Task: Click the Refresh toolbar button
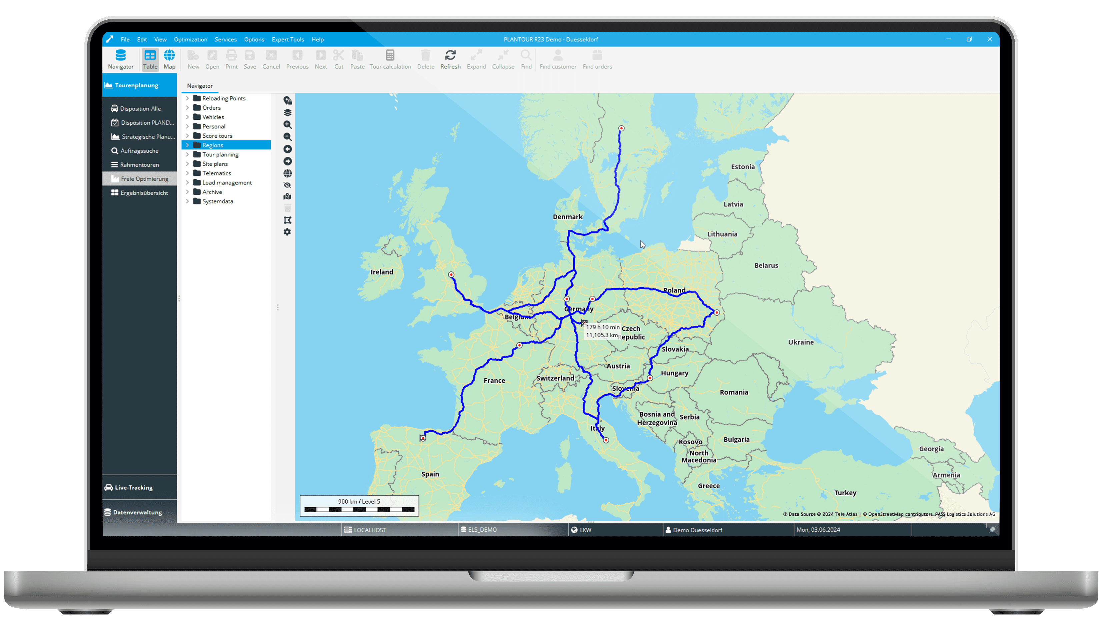[x=450, y=59]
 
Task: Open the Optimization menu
[x=190, y=39]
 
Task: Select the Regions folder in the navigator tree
[x=213, y=145]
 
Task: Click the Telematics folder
[x=216, y=173]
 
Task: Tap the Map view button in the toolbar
[x=169, y=59]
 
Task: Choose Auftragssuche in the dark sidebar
[x=139, y=151]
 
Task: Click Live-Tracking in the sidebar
[x=133, y=488]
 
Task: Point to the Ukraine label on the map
[x=801, y=342]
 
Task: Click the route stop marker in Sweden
[x=621, y=128]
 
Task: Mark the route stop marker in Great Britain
[x=451, y=275]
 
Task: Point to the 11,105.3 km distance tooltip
[x=602, y=335]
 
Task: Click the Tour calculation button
[x=390, y=59]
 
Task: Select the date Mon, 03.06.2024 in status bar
[x=818, y=530]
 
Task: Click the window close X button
[x=990, y=39]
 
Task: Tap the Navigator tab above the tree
[x=200, y=86]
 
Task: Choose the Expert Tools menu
[x=287, y=39]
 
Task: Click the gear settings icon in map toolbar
[x=287, y=232]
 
